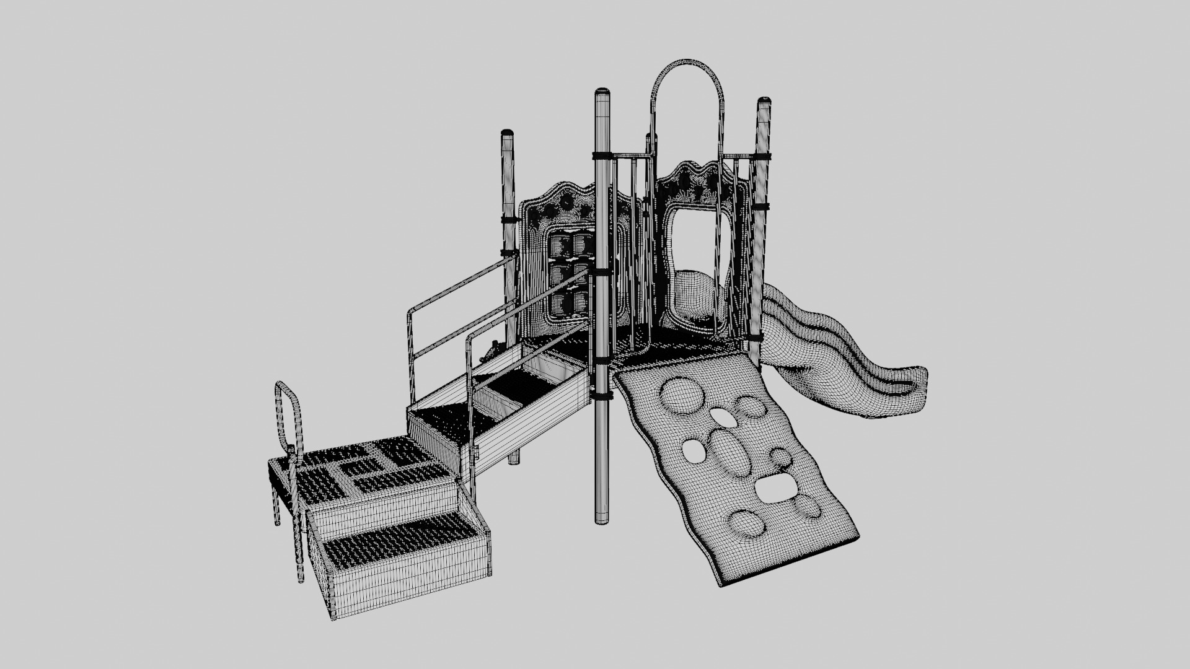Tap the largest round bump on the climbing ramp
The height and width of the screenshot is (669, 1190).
click(680, 395)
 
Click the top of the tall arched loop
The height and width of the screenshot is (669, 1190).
click(687, 63)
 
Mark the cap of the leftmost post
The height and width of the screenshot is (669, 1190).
click(507, 133)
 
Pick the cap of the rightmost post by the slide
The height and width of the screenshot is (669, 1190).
click(764, 100)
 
